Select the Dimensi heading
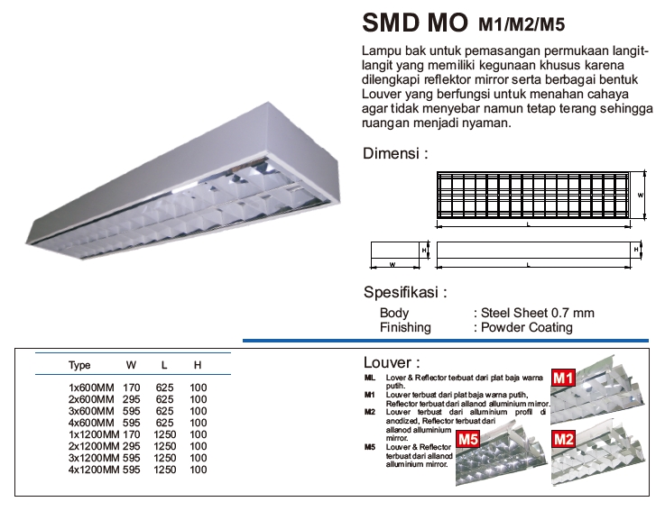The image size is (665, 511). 394,153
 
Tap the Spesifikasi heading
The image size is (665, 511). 405,292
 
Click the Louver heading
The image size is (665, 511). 391,362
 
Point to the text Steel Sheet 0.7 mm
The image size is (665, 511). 537,313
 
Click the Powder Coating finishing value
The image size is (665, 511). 526,327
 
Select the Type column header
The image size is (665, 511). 79,365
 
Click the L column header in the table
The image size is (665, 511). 164,365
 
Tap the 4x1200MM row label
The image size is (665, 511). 92,470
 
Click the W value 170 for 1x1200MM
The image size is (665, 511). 132,434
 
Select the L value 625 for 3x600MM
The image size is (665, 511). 164,410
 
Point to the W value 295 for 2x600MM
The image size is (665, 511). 132,398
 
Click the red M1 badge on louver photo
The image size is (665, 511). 564,378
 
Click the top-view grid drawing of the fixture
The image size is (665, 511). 532,194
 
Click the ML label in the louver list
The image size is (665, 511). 370,376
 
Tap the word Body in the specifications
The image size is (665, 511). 394,313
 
